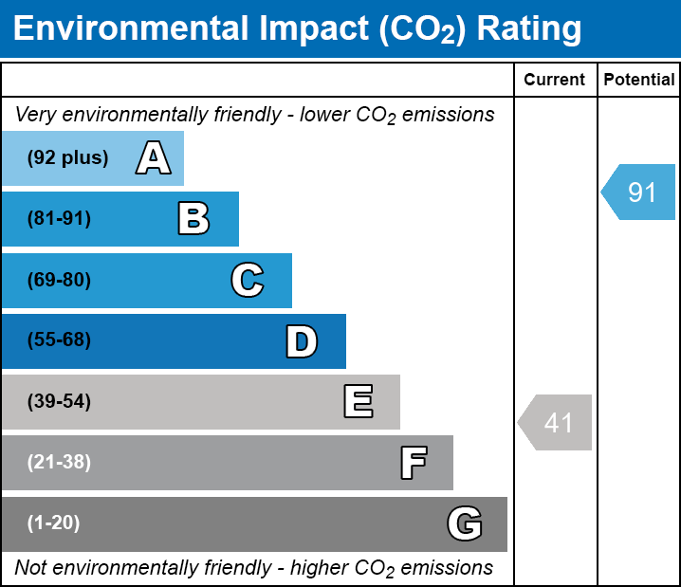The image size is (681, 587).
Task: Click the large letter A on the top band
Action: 154,158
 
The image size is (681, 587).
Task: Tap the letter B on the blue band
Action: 193,219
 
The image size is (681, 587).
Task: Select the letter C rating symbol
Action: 248,280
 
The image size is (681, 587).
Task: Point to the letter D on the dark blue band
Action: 302,341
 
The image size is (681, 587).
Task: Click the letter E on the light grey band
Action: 358,402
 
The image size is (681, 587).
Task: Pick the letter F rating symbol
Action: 413,463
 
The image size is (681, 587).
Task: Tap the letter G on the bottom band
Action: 465,523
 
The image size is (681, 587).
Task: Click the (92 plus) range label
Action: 67,158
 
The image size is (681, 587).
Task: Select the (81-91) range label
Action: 59,219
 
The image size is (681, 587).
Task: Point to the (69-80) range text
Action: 59,280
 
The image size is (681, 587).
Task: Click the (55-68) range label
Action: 59,340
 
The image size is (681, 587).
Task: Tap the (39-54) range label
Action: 59,402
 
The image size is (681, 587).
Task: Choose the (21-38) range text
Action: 59,463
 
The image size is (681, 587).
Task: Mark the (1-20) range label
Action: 54,523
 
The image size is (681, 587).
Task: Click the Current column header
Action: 555,81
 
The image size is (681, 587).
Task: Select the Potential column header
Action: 639,81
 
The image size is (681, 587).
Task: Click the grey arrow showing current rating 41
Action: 556,422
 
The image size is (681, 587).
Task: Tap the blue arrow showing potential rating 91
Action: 638,193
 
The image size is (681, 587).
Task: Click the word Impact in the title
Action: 303,29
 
